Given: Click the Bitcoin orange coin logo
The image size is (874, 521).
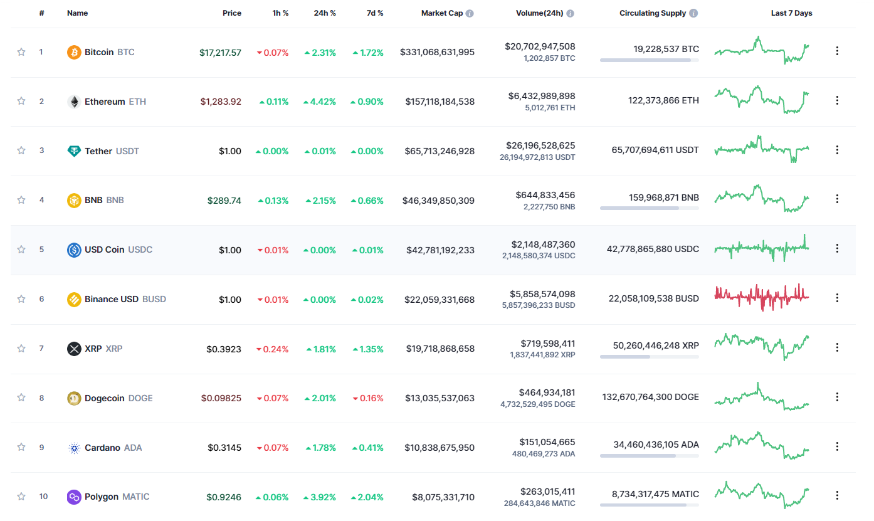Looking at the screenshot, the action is click(x=74, y=52).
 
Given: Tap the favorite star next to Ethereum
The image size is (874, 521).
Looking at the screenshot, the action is click(x=21, y=101).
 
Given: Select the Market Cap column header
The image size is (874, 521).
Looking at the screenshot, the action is click(x=441, y=13).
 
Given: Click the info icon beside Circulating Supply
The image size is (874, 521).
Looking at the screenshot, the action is click(x=693, y=13).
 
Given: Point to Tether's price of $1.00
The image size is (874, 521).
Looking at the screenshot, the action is click(x=230, y=151).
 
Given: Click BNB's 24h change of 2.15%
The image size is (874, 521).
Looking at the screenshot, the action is click(x=320, y=201).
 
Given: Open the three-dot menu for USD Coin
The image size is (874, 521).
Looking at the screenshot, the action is click(x=837, y=249).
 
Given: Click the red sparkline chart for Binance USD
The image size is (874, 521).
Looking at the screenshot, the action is click(x=761, y=297).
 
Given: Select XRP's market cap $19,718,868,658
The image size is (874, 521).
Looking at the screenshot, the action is click(x=440, y=349).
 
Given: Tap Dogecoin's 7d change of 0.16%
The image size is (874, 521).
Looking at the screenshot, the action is click(x=368, y=398).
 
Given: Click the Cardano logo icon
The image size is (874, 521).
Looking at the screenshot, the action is click(x=74, y=448).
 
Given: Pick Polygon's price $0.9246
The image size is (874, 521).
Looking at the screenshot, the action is click(x=224, y=497).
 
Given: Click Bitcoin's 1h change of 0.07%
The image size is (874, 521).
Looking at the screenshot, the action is click(x=272, y=52).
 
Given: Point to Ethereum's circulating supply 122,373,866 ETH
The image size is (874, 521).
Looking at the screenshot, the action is click(x=663, y=100).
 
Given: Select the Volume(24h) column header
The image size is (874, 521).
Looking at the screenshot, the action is click(x=540, y=13).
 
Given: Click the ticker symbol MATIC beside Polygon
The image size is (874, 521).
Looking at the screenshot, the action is click(x=136, y=497).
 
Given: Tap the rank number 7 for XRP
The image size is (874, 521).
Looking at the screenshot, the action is click(x=41, y=348).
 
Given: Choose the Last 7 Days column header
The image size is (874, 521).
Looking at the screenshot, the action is click(x=791, y=13).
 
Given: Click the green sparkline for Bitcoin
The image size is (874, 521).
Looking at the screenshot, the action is click(x=761, y=51).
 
